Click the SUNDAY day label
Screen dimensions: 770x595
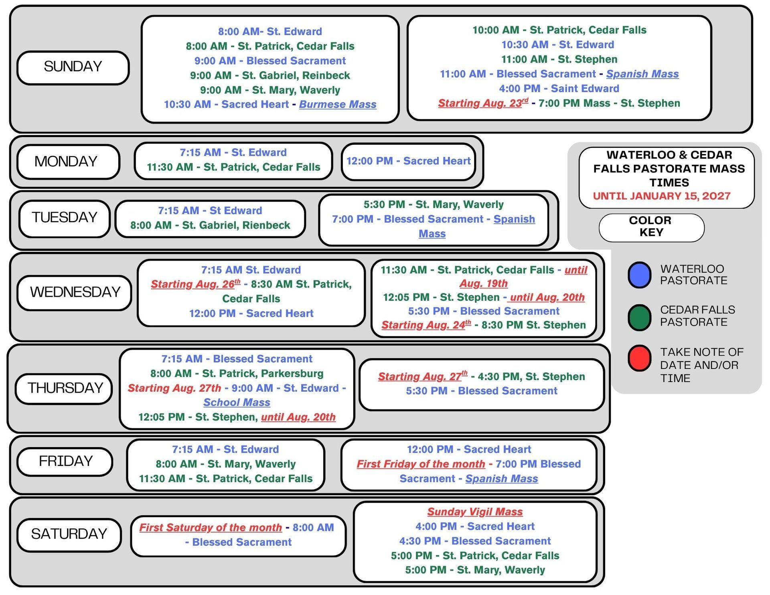tap(73, 67)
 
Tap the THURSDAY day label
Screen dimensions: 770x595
tap(64, 388)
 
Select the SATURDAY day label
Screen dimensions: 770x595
tap(69, 534)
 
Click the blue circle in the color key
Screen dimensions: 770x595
tap(639, 275)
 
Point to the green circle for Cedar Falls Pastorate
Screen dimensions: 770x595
tap(639, 317)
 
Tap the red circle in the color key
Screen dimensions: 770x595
tap(639, 358)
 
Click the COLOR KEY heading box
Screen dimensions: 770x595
tap(651, 227)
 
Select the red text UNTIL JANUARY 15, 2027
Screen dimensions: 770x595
tap(662, 196)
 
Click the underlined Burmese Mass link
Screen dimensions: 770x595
tap(338, 105)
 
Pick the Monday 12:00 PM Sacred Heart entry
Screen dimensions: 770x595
tap(408, 161)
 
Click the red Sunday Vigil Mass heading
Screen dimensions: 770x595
tap(475, 512)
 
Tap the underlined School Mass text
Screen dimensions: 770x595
tap(237, 403)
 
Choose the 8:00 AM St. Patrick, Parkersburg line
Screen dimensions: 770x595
tap(237, 374)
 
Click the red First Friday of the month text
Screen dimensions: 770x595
tap(421, 464)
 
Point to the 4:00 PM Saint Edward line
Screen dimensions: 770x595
tap(559, 89)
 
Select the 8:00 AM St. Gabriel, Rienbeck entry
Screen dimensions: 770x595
tap(210, 225)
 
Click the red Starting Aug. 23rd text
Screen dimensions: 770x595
tap(483, 103)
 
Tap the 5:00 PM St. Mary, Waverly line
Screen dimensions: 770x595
tap(475, 570)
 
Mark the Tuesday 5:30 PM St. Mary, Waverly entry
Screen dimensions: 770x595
tap(434, 204)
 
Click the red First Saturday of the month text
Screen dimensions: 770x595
tap(211, 528)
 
